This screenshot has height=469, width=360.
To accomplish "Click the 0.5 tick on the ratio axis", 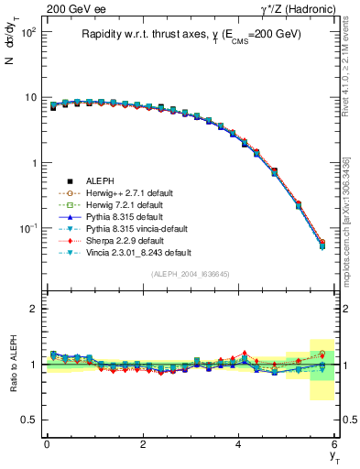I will (x=30, y=420).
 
